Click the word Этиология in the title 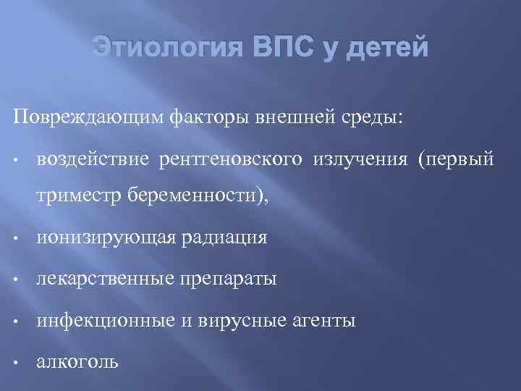point(172,49)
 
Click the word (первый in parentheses point(455,159)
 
